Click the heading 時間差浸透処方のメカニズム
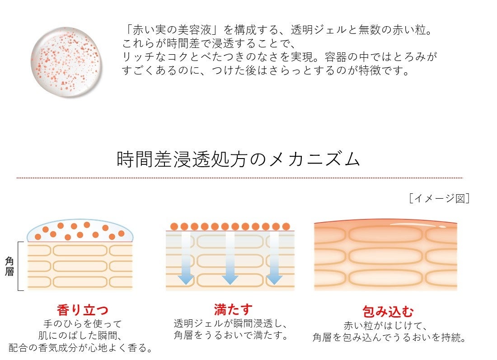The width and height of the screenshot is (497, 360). click(x=239, y=159)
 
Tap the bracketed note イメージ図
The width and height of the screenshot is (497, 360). click(x=438, y=198)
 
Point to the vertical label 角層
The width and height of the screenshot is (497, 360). click(x=9, y=266)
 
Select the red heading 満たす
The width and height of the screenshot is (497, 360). click(x=233, y=309)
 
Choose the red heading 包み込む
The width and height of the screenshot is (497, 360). click(x=389, y=311)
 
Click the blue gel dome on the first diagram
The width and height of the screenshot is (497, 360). click(x=80, y=232)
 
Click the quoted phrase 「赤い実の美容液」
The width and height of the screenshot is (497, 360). click(x=171, y=31)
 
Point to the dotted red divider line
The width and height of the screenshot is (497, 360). click(x=239, y=178)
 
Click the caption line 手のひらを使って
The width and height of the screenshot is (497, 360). click(x=83, y=324)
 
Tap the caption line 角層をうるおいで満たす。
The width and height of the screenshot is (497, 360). click(x=231, y=336)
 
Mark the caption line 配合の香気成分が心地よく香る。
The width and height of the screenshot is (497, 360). click(x=80, y=348)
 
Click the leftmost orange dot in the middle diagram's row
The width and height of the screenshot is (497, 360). click(x=173, y=226)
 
